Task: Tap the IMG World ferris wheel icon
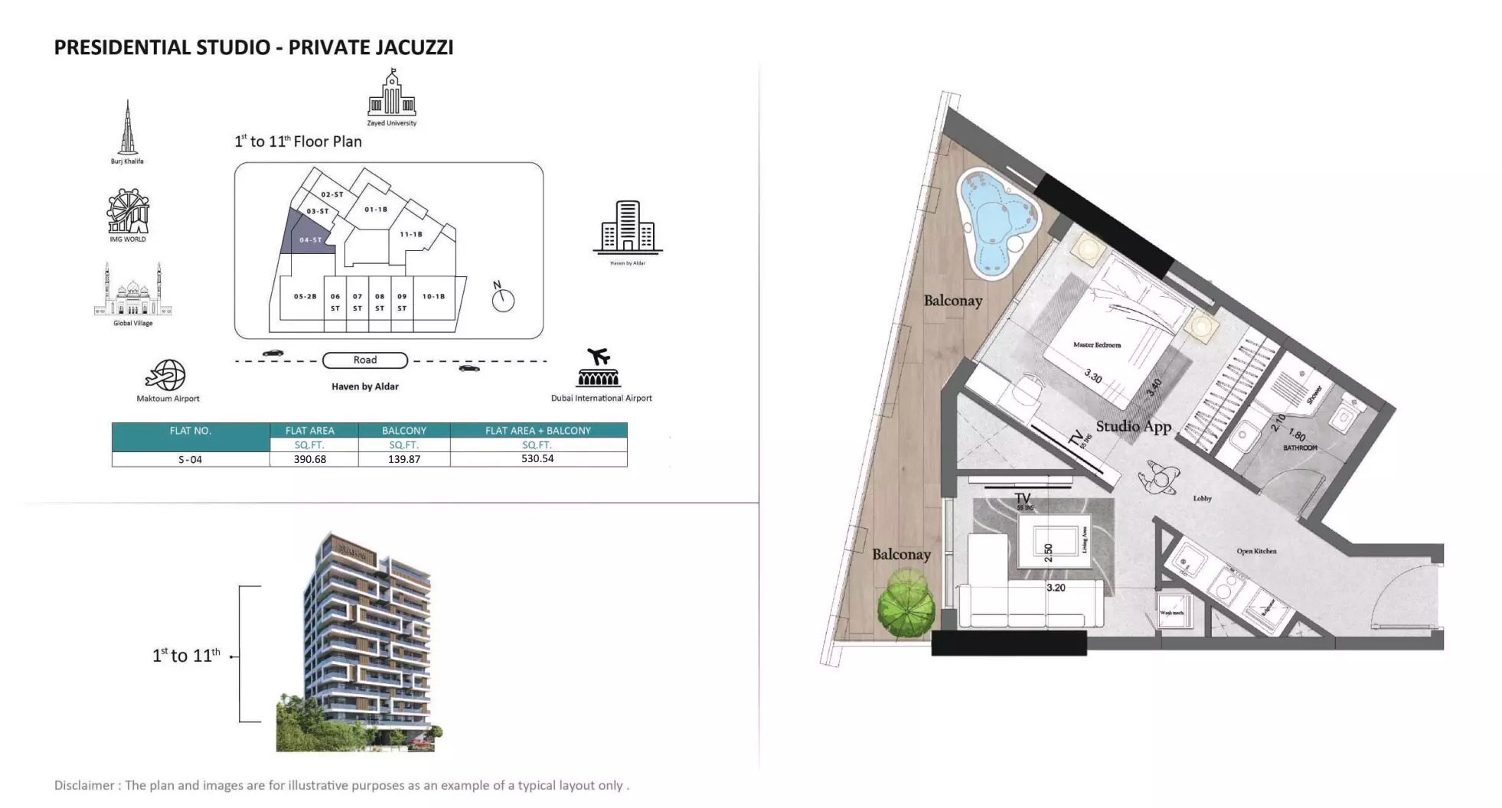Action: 128,211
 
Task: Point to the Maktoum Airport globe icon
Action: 166,375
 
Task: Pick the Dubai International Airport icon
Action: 599,369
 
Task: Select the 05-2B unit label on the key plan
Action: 305,296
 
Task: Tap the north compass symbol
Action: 502,298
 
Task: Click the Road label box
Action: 365,360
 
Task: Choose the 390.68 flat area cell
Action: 310,459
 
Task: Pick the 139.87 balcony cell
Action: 403,459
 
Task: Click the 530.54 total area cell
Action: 537,459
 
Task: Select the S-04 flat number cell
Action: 190,459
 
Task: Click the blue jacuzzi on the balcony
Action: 994,220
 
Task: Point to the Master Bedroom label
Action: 1096,345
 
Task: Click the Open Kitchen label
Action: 1256,551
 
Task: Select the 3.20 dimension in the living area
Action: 1056,588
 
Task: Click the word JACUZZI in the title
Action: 413,47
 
